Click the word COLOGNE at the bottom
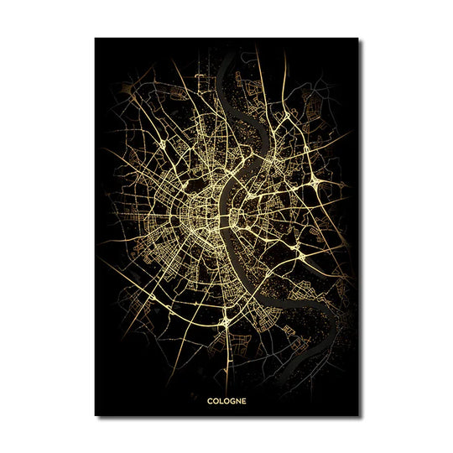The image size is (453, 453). pos(226,400)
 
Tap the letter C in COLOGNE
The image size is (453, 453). pos(211,400)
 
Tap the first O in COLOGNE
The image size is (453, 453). pos(216,400)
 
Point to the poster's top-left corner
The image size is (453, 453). pos(95,38)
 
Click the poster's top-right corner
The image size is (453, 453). pos(358,38)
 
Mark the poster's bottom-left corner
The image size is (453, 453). pos(95,415)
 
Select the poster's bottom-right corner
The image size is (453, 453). pos(358,415)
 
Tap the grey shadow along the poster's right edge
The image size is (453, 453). pos(362,226)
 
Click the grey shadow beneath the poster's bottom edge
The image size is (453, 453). pos(226,418)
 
